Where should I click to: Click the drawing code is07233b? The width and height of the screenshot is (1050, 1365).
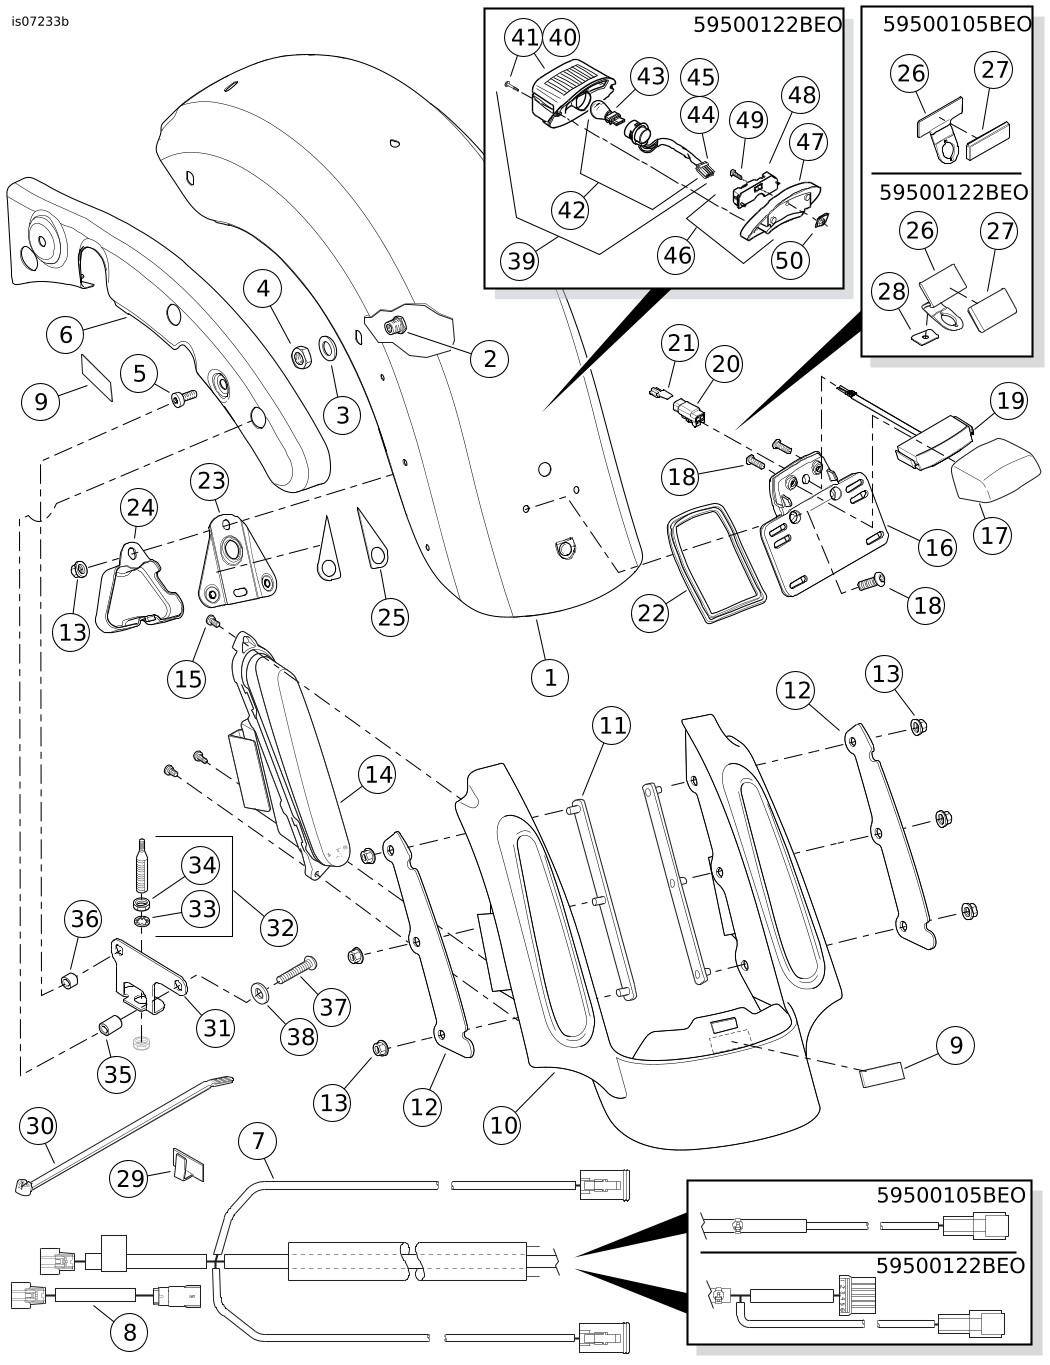point(41,20)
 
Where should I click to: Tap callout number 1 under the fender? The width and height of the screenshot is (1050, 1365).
point(549,677)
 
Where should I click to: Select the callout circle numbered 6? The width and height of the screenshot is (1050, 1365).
point(66,333)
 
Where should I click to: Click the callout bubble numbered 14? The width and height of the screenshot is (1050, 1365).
point(377,774)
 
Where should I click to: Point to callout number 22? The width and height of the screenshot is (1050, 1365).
point(651,611)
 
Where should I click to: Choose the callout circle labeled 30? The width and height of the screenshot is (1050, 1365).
point(40,1126)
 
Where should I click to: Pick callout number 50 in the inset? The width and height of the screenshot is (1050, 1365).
point(789,260)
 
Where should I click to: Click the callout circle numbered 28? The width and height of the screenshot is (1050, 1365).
point(891,292)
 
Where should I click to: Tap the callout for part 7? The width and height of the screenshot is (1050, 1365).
point(258,1140)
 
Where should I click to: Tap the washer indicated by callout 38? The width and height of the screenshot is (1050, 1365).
point(260,993)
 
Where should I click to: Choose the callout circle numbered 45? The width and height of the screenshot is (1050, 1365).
point(700,77)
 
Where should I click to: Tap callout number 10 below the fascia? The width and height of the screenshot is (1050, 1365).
point(503,1125)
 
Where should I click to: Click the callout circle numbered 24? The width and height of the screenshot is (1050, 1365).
point(140,507)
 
